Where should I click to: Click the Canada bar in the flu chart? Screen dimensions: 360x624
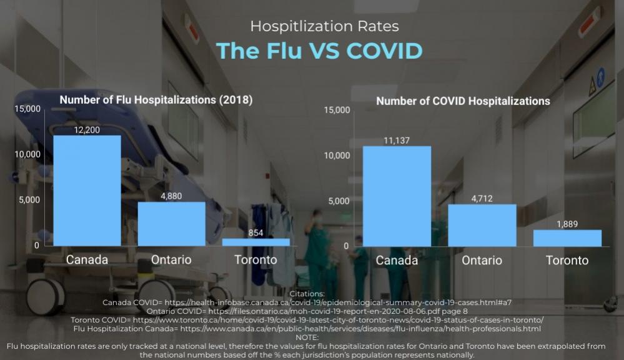[x=87, y=191]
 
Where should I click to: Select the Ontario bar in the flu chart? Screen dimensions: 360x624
[x=171, y=224]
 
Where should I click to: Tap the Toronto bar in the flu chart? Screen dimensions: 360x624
[x=256, y=242]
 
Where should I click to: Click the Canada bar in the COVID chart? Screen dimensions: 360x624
[x=397, y=196]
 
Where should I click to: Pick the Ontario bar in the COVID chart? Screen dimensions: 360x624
[x=482, y=225]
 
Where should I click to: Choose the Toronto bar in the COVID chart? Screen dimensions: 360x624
[x=567, y=238]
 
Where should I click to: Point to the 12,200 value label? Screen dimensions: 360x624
[x=87, y=129]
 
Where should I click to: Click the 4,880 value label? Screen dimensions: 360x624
[x=171, y=196]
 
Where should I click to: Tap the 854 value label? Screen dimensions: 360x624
[x=256, y=232]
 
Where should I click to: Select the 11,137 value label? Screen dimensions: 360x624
[x=397, y=141]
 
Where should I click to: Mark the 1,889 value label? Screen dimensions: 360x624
[x=567, y=224]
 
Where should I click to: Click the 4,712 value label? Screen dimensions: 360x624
[x=482, y=198]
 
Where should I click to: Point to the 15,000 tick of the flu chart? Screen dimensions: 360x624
[x=27, y=109]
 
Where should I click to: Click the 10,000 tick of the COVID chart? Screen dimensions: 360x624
[x=337, y=156]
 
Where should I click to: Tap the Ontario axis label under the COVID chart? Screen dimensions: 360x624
[x=482, y=261]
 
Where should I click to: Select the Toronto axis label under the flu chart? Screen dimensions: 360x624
[x=256, y=259]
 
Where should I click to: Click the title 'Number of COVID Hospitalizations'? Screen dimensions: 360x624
[x=463, y=101]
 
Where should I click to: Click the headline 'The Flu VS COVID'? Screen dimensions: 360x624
[x=319, y=51]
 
